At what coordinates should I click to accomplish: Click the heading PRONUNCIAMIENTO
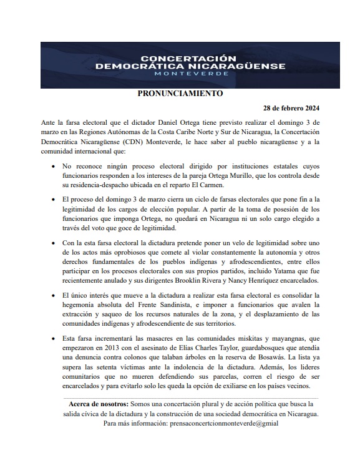179,94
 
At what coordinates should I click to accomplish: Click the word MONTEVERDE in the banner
190,73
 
